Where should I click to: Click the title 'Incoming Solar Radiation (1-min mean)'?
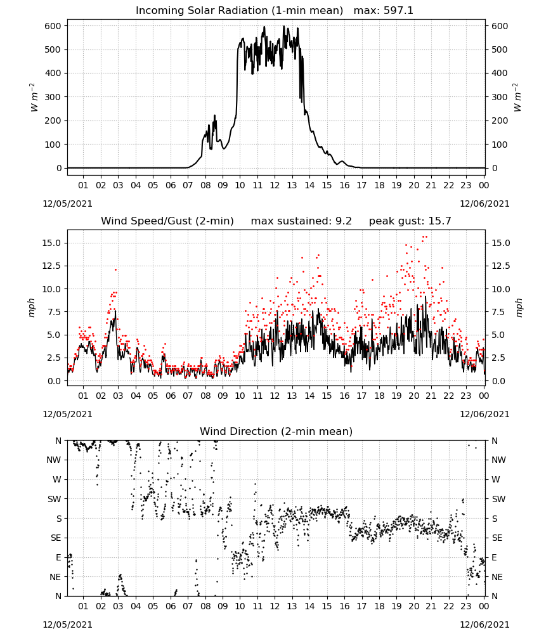[239, 11]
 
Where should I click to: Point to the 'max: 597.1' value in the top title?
[384, 11]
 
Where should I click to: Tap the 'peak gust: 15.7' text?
[410, 221]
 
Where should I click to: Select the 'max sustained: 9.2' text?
[301, 221]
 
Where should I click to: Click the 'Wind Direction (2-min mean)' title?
[276, 431]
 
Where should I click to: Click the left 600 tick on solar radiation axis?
[53, 26]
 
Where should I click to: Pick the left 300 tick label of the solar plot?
[53, 97]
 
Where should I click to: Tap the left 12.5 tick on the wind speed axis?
[52, 266]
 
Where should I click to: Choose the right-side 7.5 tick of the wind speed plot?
[498, 312]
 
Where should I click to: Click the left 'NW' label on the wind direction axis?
[54, 460]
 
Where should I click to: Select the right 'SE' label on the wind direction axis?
[497, 538]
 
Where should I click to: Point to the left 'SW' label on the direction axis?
[55, 499]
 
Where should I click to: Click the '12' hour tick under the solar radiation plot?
[275, 185]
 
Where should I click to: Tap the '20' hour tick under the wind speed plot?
[413, 396]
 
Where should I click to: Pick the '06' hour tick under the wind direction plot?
[170, 606]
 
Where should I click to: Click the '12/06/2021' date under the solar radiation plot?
[484, 204]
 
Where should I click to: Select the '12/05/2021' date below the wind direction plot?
[67, 624]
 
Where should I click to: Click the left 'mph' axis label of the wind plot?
[32, 307]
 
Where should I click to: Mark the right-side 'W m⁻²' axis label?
[518, 97]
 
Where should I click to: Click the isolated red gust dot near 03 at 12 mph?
[115, 269]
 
